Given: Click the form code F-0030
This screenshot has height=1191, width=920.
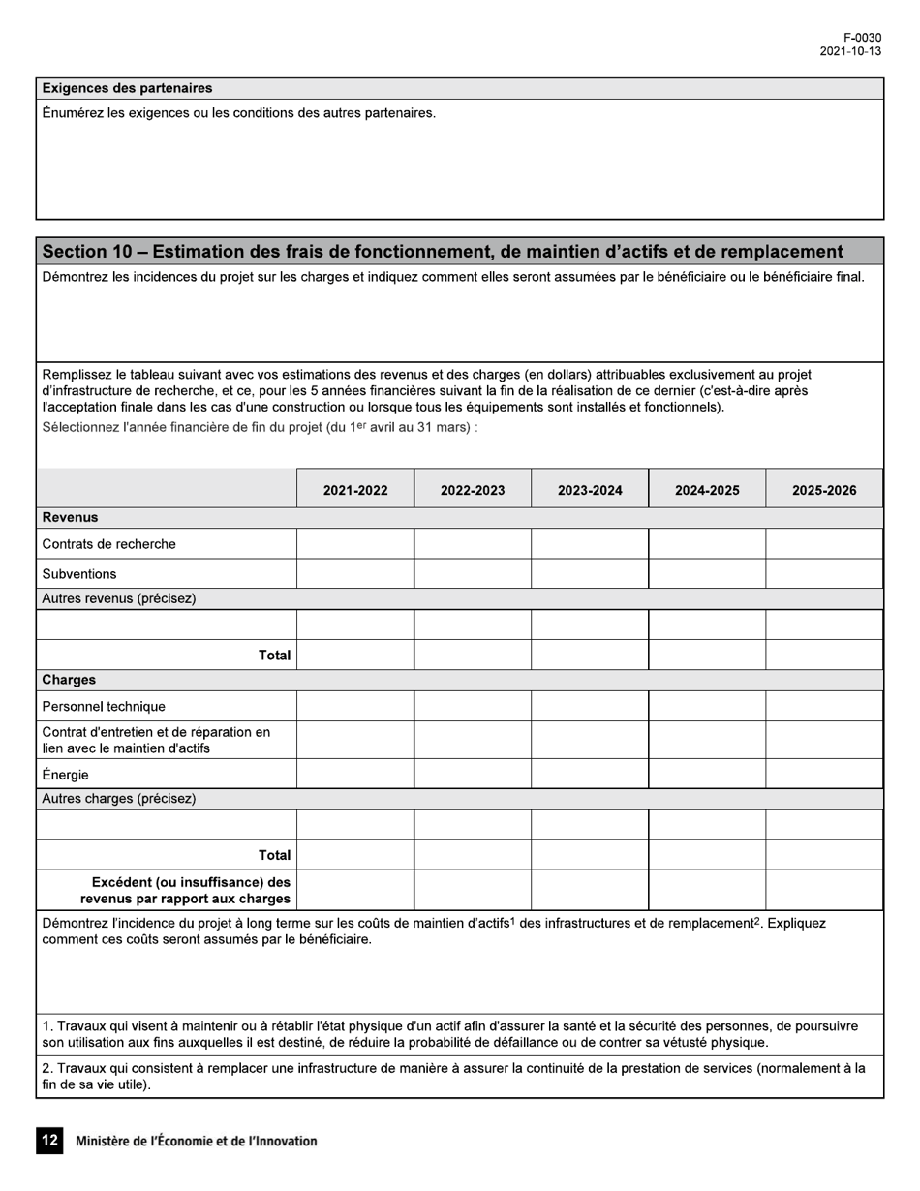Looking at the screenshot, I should pos(862,38).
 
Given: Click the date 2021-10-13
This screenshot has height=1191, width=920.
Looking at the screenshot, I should pos(850,51).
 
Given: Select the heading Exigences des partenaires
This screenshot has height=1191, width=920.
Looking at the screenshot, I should pos(127,88).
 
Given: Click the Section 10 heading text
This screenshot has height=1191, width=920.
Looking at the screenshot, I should pos(443,252).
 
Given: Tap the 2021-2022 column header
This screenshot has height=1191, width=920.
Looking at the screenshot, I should pos(355,490).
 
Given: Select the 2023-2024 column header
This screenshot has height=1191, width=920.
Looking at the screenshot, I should pos(590,490).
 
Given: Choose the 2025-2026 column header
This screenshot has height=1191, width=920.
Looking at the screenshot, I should pos(824,490).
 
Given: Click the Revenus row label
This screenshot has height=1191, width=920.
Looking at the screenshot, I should pos(70,517).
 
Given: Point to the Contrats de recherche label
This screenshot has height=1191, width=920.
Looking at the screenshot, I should pos(109,544).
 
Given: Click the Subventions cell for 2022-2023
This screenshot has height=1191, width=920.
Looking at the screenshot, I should pos(473,573).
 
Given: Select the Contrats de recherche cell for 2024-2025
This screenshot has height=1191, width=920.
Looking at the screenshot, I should pos(707,544).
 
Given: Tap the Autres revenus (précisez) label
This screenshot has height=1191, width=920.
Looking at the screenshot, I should pos(119,598).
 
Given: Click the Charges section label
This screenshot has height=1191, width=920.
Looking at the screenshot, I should pos(69,680).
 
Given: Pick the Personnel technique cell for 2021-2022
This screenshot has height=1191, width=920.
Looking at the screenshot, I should pos(355,706).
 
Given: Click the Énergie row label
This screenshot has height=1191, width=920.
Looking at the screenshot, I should pos(66,775).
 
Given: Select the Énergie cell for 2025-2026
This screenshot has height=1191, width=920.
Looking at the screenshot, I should pos(824,774).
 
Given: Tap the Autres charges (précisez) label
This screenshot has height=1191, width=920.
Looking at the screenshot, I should pos(119,799).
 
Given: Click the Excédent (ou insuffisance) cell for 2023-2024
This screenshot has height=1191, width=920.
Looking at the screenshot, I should pos(590,890).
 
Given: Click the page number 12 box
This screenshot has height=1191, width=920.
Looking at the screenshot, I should pos(49,1141).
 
